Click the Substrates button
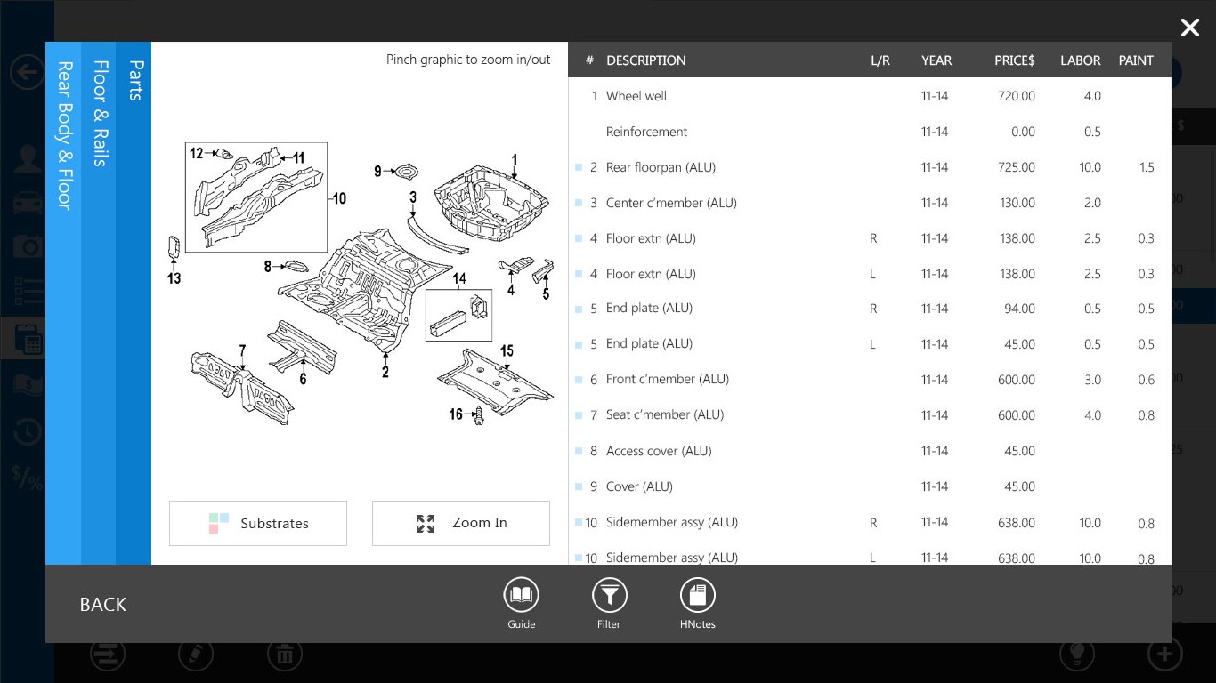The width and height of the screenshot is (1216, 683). (258, 523)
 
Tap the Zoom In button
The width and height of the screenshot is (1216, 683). (461, 523)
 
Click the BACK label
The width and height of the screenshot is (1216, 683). (103, 605)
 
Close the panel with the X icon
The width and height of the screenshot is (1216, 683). (1189, 28)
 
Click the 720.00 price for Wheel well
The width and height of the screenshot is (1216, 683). (1016, 96)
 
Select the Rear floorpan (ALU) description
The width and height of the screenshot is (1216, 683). (661, 167)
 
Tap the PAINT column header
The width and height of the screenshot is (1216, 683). (1135, 60)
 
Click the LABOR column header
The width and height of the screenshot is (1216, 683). (1080, 60)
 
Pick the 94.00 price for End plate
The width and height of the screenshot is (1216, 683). (1019, 309)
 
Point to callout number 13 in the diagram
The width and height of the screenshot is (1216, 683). (174, 278)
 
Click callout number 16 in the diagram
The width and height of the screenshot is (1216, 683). (456, 414)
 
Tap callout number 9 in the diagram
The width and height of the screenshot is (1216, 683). (377, 171)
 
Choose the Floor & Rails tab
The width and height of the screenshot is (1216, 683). (100, 113)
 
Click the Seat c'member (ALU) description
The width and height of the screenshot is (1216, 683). (664, 414)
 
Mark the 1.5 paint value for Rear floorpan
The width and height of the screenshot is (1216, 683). (1146, 167)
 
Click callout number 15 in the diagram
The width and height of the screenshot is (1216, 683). (507, 350)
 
